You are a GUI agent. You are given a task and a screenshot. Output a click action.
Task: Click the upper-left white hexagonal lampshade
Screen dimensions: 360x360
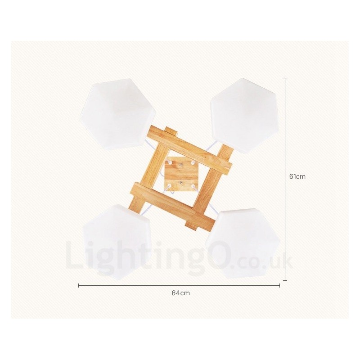[117, 114]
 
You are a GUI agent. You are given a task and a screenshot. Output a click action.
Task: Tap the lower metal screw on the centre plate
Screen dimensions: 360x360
[181, 183]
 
